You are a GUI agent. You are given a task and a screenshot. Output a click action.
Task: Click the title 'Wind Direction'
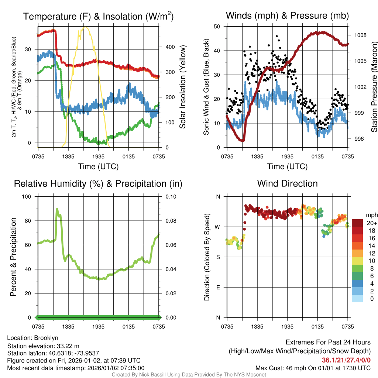pos(287,183)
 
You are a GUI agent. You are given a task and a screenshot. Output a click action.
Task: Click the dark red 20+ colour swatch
pos(357,223)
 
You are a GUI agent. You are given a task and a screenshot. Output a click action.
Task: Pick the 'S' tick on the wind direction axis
pos(218,257)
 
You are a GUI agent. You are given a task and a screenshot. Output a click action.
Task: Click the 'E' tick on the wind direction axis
pos(218,288)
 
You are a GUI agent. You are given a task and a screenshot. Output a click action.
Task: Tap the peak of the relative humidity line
pos(57,209)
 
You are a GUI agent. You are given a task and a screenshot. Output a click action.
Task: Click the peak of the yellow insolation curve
pos(85,27)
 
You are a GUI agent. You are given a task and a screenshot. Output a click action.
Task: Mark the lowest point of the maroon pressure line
pos(242,141)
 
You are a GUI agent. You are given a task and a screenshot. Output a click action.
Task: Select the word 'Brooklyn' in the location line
pos(46,338)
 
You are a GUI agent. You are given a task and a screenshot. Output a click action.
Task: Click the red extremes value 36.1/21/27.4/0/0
pos(346,360)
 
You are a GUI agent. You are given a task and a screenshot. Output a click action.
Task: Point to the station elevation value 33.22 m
pos(69,346)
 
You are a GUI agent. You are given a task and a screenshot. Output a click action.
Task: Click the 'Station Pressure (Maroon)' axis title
pos(374,87)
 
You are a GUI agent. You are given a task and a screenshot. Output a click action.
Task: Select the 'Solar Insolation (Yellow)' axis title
pos(182,87)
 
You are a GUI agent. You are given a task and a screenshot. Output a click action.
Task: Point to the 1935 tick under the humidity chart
pos(98,327)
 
